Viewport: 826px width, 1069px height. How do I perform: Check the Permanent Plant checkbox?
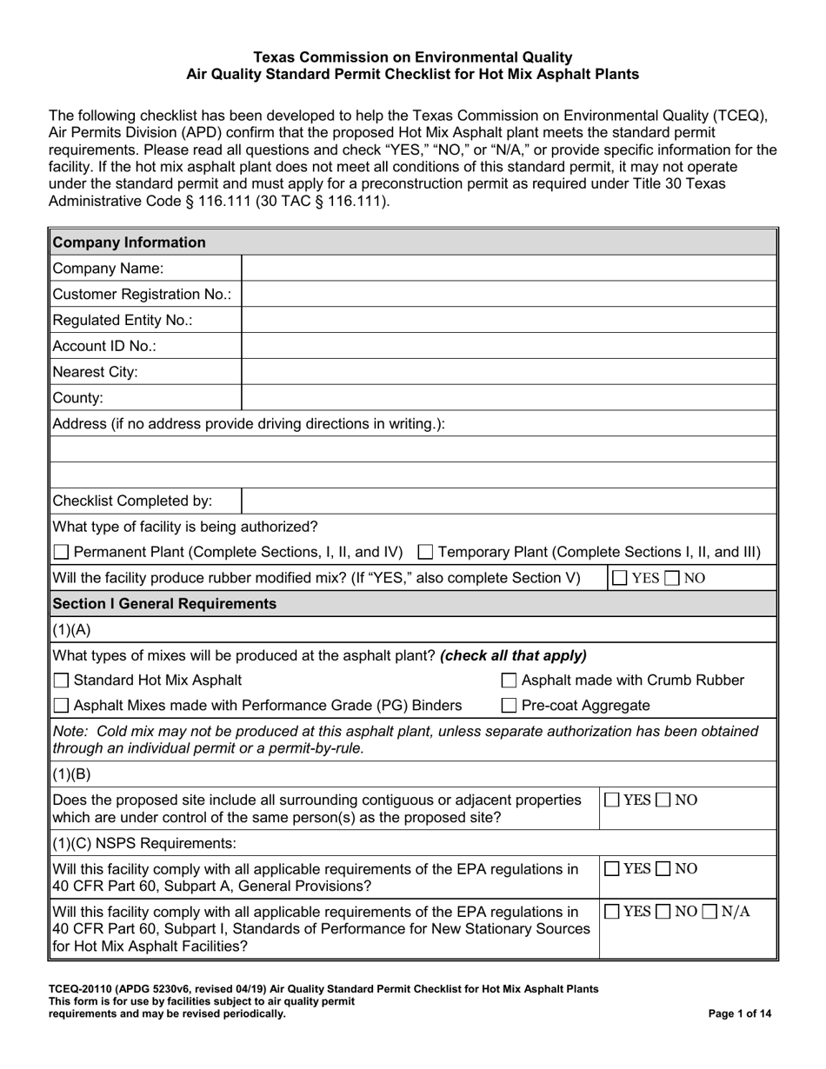click(x=61, y=553)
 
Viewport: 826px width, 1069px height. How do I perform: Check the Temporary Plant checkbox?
click(x=426, y=553)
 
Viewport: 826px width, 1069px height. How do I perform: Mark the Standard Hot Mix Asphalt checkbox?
click(x=61, y=681)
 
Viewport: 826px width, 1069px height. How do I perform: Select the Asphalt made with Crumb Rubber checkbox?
click(x=510, y=681)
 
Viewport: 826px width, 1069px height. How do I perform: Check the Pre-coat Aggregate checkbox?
click(x=510, y=706)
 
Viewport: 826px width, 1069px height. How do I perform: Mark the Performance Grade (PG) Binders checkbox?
click(x=61, y=706)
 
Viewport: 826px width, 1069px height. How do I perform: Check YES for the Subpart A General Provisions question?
click(x=613, y=869)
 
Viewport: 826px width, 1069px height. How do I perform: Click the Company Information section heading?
click(x=130, y=242)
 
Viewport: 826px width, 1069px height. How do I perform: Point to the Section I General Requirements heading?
click(x=165, y=603)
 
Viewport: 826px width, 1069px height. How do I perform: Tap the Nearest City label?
click(x=96, y=372)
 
